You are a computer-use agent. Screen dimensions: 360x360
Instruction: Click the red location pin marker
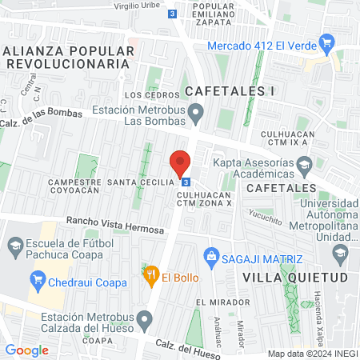point(180,162)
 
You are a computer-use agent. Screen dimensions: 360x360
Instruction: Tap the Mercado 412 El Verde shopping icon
point(326,42)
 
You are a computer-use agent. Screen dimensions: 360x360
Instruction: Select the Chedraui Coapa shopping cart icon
point(37,279)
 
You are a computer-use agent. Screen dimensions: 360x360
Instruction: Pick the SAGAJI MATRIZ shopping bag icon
point(212,257)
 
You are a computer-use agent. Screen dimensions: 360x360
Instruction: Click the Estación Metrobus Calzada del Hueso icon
point(144,322)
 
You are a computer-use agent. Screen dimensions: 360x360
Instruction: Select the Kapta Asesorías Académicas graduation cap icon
point(304,166)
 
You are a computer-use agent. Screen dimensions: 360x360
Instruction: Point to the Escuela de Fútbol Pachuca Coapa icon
point(14,246)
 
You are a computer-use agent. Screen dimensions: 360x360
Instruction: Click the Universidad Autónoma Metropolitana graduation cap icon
point(340,253)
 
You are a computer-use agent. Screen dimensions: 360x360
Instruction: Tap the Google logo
point(26,350)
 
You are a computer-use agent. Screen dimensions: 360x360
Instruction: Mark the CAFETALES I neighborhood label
point(231,91)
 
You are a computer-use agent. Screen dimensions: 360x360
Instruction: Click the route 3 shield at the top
point(174,14)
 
